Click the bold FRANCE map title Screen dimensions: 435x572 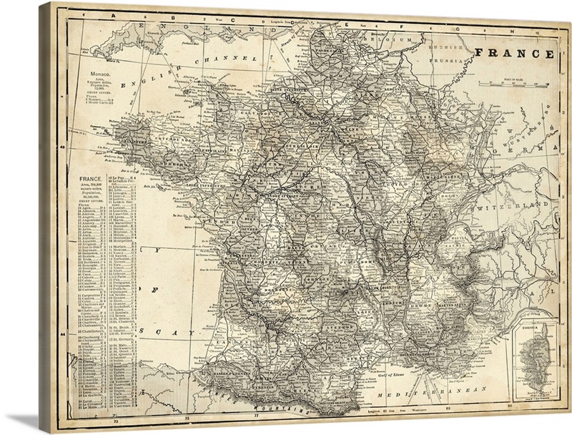click(x=513, y=54)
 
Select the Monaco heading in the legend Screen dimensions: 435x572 click(x=97, y=74)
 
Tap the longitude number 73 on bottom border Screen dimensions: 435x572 click(x=187, y=415)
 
